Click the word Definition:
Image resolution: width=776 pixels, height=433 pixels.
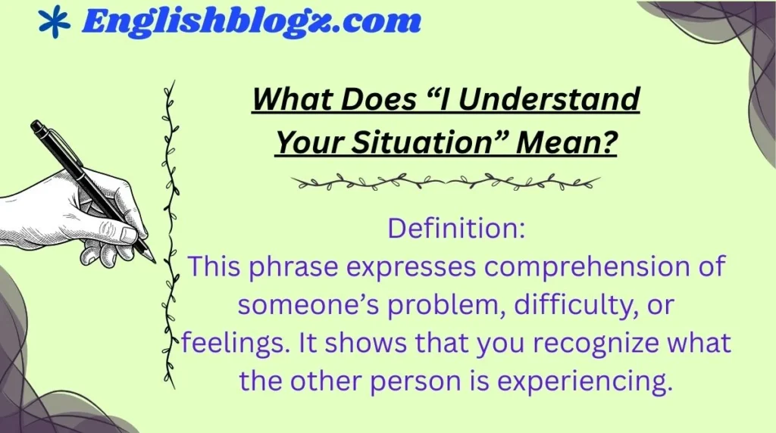456,229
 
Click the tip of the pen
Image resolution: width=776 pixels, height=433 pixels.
153,260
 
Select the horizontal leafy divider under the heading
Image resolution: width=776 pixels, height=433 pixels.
446,182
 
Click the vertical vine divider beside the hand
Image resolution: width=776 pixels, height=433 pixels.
171,227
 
